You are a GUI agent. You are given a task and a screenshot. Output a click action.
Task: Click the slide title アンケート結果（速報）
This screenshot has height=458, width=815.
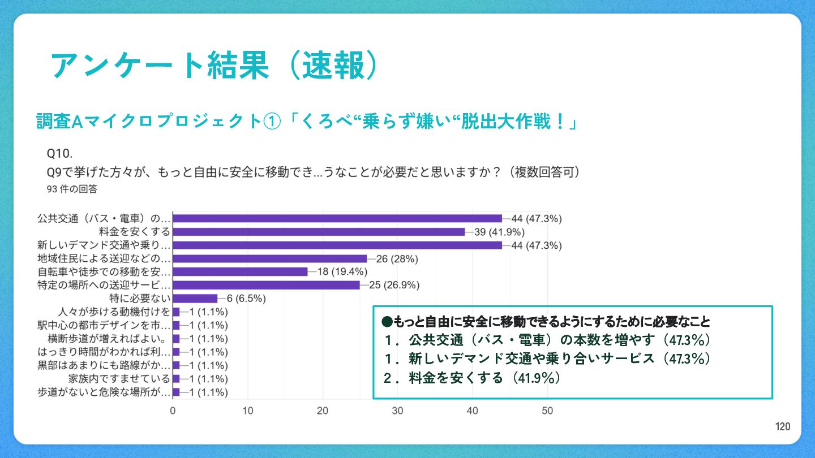click(214, 66)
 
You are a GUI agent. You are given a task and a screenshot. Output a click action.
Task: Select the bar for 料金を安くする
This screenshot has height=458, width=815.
click(319, 232)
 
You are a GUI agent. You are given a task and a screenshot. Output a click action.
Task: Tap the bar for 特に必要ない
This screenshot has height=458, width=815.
click(195, 299)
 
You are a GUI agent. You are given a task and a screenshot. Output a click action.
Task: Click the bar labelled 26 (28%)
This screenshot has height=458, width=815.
click(270, 258)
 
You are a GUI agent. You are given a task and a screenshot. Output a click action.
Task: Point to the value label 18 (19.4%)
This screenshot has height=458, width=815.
click(342, 272)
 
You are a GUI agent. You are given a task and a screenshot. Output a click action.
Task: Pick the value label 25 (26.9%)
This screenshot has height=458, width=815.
click(394, 285)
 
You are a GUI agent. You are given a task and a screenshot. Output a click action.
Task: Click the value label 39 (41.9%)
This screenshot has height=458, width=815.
click(499, 232)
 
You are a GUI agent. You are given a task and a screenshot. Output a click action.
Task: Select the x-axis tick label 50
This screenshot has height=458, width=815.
click(547, 411)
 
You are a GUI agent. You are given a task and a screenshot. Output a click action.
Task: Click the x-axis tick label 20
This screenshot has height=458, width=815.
click(323, 411)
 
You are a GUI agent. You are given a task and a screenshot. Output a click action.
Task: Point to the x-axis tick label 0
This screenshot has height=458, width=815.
click(173, 411)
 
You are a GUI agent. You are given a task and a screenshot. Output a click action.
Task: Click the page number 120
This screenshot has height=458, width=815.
click(782, 427)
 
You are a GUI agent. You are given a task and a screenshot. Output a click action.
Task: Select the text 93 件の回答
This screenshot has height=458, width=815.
click(72, 189)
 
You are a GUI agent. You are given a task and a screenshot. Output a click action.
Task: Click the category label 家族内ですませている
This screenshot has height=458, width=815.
click(119, 379)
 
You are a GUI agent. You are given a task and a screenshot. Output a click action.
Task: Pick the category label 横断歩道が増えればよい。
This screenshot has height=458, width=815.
click(106, 339)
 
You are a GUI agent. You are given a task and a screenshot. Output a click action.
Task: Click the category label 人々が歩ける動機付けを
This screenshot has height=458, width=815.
click(114, 312)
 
